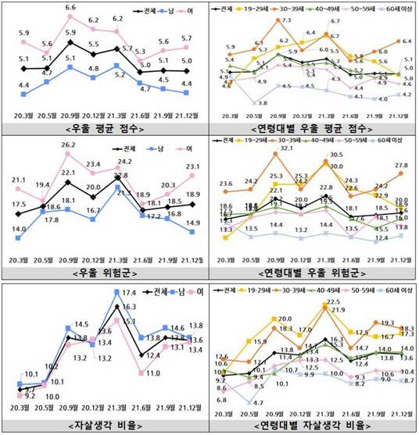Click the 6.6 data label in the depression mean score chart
click(x=70, y=8)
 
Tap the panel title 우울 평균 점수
click(x=104, y=128)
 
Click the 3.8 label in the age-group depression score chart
click(x=263, y=103)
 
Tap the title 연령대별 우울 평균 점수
click(x=313, y=128)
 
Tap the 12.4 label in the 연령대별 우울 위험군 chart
click(x=383, y=237)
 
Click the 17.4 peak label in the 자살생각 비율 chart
click(x=130, y=293)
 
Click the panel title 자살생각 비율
click(x=104, y=426)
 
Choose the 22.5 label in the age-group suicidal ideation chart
click(x=333, y=301)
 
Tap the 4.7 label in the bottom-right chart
click(x=263, y=402)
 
